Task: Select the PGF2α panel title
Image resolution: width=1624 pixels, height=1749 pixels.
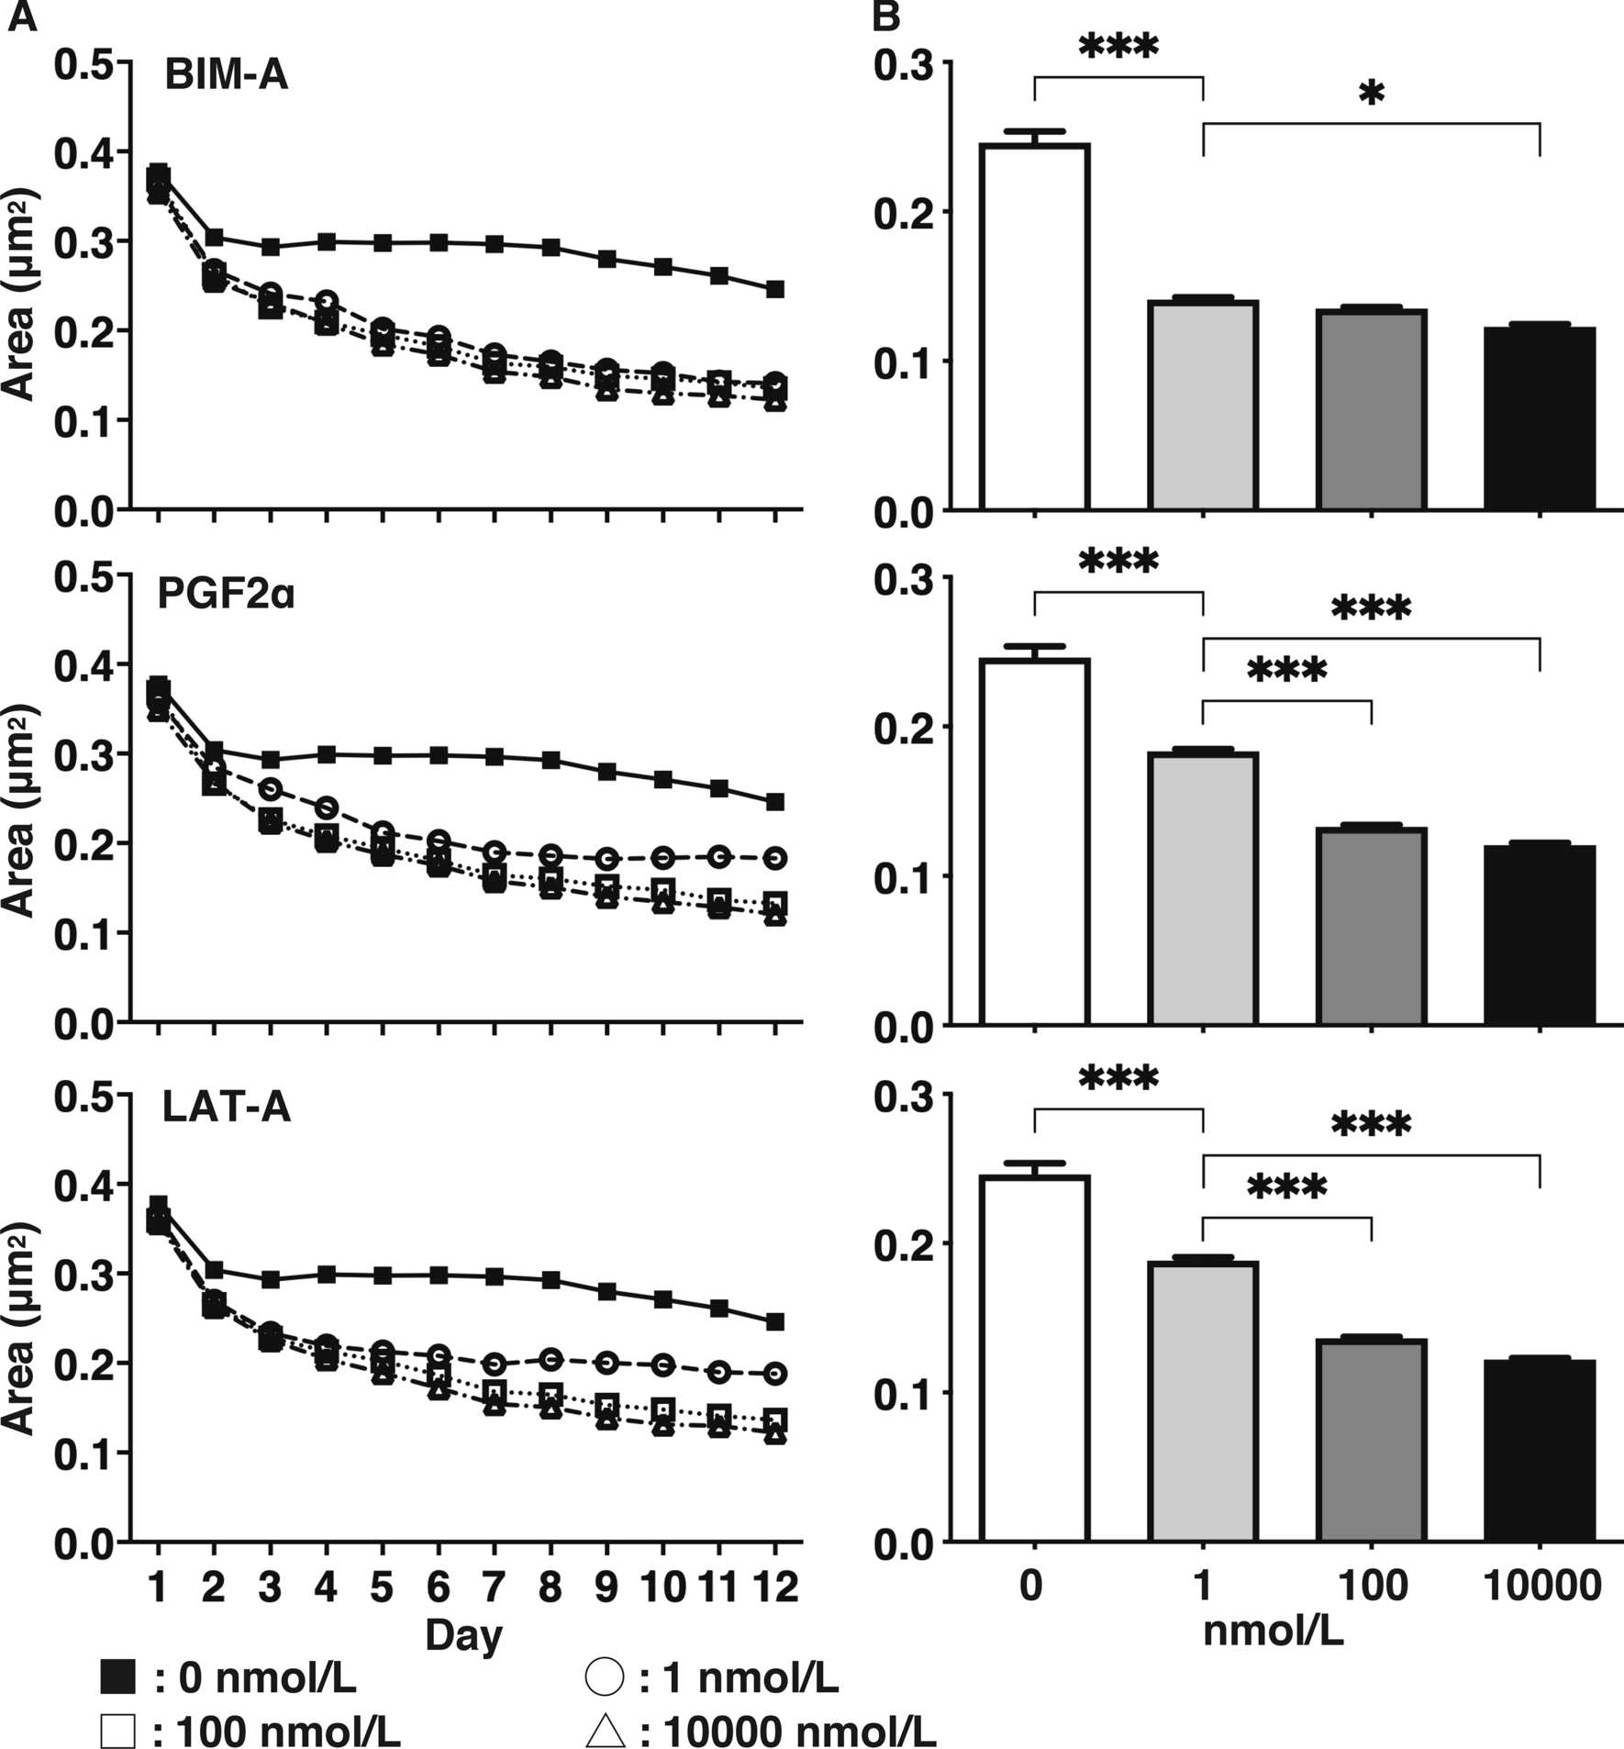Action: pyautogui.click(x=226, y=595)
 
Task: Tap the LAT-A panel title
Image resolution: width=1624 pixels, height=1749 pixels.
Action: pyautogui.click(x=226, y=1108)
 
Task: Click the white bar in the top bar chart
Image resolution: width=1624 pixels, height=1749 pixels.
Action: pyautogui.click(x=1034, y=327)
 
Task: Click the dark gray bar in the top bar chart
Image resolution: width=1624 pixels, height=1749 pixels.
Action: pyautogui.click(x=1371, y=409)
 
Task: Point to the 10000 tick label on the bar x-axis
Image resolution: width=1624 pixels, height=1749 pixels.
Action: pyautogui.click(x=1541, y=1585)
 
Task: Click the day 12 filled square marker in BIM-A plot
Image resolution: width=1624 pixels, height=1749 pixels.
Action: pyautogui.click(x=775, y=289)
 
